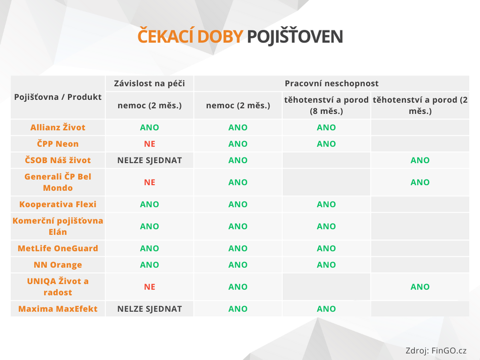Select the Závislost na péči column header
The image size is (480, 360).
[149, 84]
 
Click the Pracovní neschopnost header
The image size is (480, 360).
[332, 84]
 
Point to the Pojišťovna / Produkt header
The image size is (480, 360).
[58, 97]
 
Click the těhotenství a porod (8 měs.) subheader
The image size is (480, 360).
[326, 105]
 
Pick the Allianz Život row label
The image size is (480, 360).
[58, 127]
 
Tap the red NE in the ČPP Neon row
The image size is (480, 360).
[150, 144]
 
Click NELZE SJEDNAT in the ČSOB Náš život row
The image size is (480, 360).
[150, 160]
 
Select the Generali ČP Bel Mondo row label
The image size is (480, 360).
[58, 182]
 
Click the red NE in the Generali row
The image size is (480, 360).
[150, 182]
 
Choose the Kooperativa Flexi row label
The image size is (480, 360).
[58, 204]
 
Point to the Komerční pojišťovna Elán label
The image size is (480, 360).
[58, 226]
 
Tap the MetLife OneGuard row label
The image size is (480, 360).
[58, 248]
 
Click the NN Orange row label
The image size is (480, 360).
[58, 265]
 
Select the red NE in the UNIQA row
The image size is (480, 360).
[150, 287]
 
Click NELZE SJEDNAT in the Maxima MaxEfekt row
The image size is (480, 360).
[150, 309]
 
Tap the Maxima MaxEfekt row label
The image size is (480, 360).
[58, 309]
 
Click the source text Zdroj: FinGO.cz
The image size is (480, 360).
[436, 351]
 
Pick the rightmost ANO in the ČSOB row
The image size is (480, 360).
[420, 160]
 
